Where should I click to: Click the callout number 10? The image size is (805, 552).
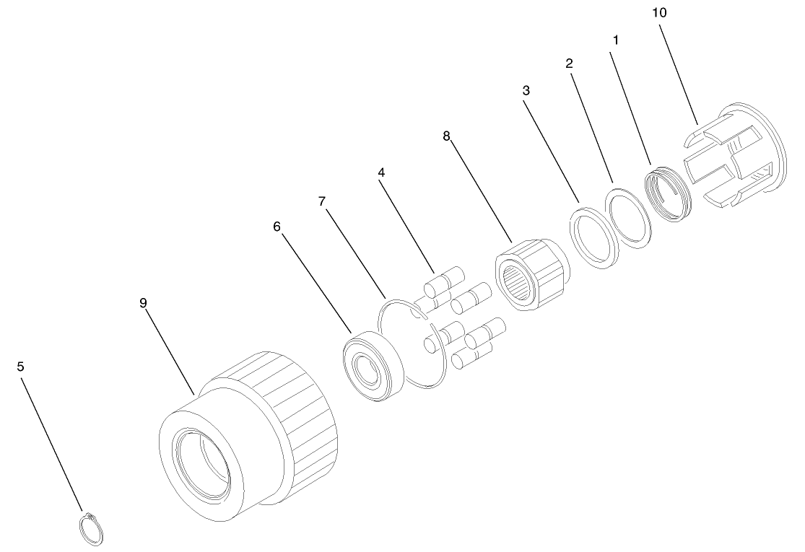click(x=659, y=13)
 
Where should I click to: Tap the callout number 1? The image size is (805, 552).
click(x=616, y=40)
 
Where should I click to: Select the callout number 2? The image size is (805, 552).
click(x=570, y=63)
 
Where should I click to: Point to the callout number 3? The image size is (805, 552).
click(x=526, y=91)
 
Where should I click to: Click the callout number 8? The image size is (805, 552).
click(x=446, y=136)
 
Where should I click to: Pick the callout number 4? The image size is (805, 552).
click(x=381, y=172)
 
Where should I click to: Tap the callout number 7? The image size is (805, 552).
click(x=322, y=201)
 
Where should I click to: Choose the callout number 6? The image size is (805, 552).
click(x=277, y=227)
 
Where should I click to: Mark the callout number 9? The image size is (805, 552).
click(x=143, y=303)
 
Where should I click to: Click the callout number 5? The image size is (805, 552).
click(x=20, y=367)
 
